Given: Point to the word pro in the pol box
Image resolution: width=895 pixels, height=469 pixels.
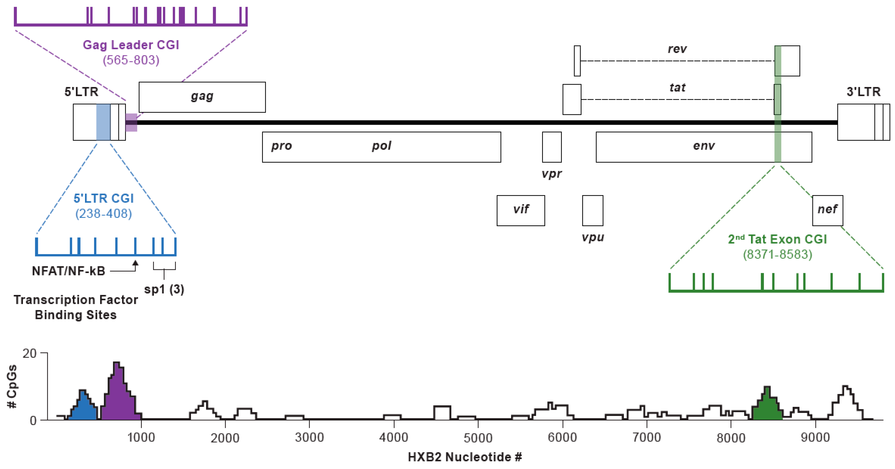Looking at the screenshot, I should pos(281,146).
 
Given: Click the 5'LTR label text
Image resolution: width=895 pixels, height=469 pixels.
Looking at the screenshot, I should pos(81,92).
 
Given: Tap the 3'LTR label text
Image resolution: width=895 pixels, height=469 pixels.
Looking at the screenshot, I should pos(863,92).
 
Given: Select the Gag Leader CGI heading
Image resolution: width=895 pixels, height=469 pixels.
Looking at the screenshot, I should pos(131,45).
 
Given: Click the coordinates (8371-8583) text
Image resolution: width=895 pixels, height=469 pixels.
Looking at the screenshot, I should pos(777,255).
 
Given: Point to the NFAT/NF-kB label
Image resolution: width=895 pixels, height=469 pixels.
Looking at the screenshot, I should pos(69,271).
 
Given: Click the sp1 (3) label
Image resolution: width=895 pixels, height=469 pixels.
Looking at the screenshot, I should pos(164,289).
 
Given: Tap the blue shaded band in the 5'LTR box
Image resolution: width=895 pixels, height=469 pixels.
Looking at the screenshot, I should pos(103,122).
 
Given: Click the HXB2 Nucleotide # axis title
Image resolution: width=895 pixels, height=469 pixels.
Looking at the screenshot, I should pos(465,457).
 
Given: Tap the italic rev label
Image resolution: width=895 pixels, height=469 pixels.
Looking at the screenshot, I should pos(677,49).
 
